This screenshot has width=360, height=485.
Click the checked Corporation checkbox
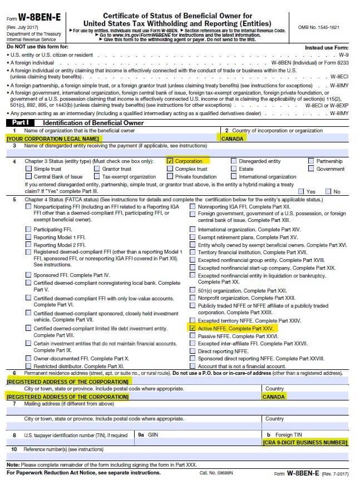point(170,161)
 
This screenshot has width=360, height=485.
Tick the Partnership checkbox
point(311,161)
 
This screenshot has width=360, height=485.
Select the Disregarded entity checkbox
point(234,161)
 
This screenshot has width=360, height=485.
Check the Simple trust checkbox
point(29,169)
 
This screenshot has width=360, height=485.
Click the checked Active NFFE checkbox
point(193,329)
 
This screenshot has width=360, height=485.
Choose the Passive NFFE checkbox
point(193,336)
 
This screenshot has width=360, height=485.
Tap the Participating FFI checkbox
point(29,229)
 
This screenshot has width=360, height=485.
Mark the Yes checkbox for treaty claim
point(302,191)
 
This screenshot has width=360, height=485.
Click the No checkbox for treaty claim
point(328,191)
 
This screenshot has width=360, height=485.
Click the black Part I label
point(20,123)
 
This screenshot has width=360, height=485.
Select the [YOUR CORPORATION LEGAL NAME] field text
point(53,138)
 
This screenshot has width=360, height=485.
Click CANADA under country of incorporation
point(233,138)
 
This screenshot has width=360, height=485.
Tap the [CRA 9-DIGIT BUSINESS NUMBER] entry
point(305,442)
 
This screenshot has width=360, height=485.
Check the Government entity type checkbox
point(311,169)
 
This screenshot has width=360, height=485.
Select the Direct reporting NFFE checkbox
point(193,352)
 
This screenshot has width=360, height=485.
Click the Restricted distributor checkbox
point(29,367)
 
